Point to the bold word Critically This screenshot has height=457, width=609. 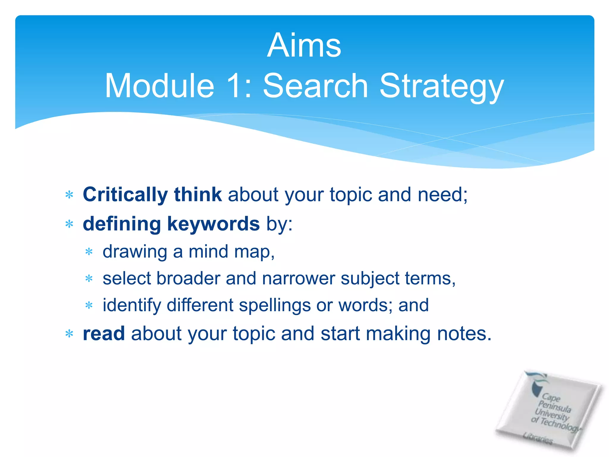click(x=125, y=195)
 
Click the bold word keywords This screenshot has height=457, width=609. click(x=213, y=224)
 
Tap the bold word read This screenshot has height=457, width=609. click(x=103, y=334)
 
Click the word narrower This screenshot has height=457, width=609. click(x=298, y=278)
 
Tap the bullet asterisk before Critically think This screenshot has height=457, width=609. click(x=69, y=195)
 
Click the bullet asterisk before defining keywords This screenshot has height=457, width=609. click(x=69, y=224)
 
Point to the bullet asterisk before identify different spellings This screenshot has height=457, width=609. click(x=89, y=306)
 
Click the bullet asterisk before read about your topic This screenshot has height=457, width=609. click(x=69, y=334)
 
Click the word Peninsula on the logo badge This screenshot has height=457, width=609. click(x=555, y=407)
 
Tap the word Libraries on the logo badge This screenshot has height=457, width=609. click(x=538, y=438)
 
